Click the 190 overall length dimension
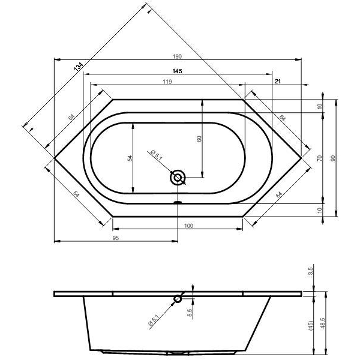[177, 56]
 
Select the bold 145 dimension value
[177, 71]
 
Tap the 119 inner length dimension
[167, 82]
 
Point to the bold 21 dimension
[278, 81]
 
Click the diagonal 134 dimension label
[78, 67]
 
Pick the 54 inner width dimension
[130, 158]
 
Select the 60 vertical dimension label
[199, 139]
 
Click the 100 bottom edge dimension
[188, 226]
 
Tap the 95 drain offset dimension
[116, 238]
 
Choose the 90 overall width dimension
[334, 158]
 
